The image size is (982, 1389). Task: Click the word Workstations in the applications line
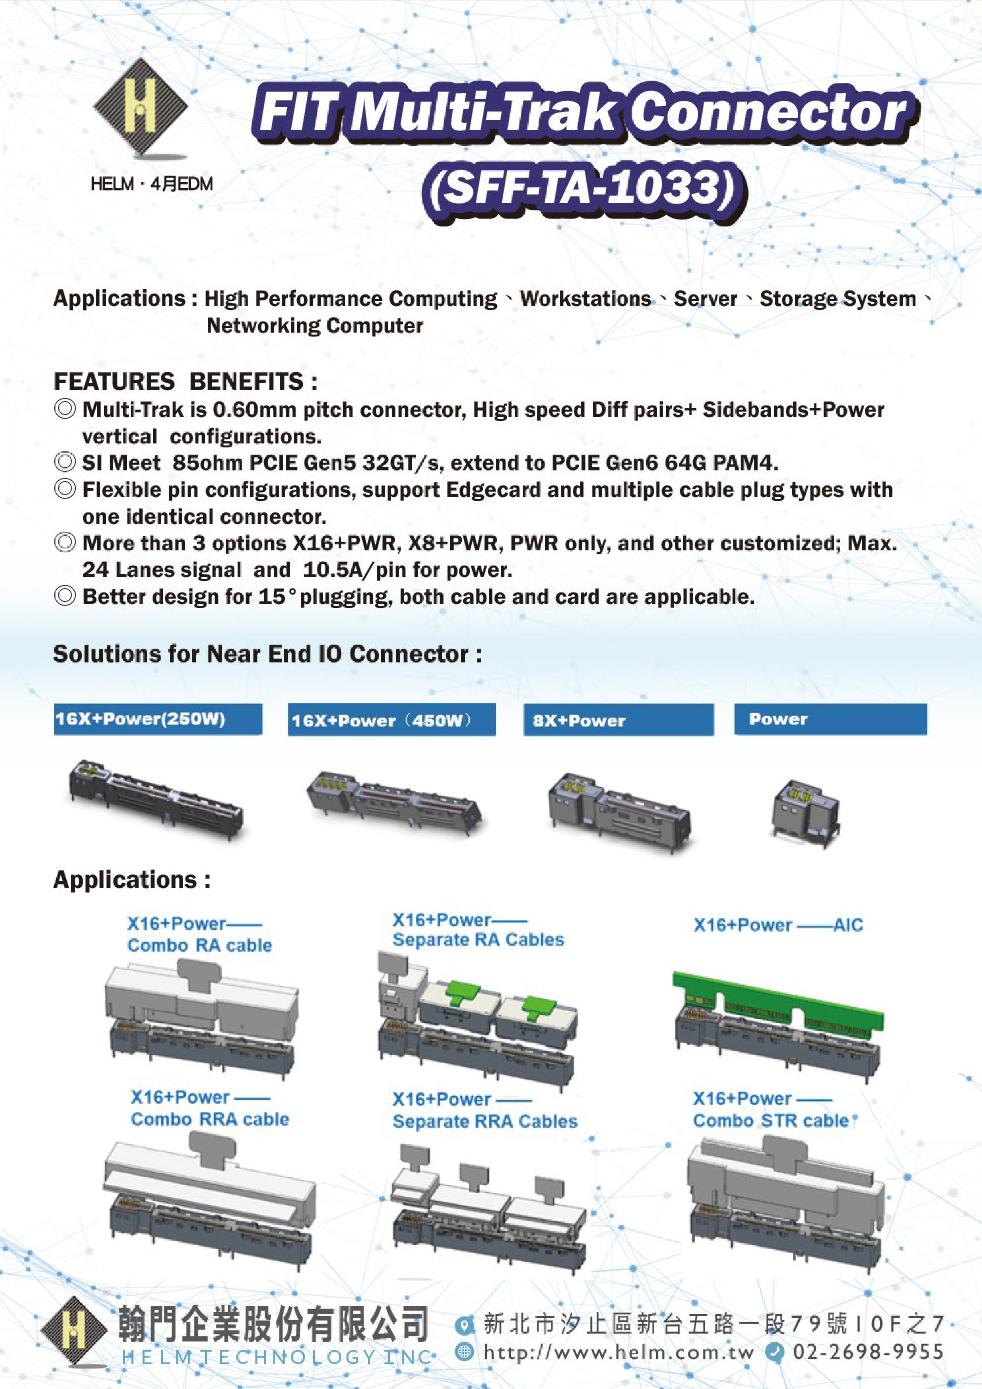click(585, 299)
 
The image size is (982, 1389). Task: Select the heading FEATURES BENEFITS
click(185, 382)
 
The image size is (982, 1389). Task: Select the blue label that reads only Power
click(830, 719)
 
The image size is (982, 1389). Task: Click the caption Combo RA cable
click(199, 946)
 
